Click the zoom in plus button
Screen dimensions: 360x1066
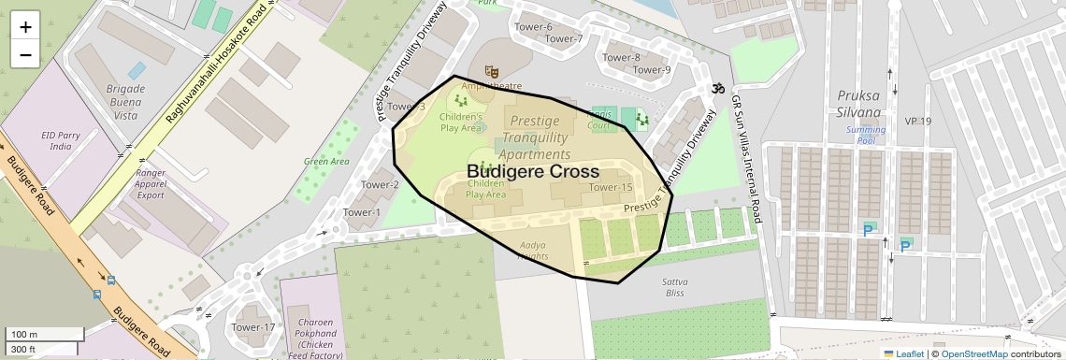click(x=25, y=27)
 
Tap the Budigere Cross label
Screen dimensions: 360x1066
click(x=532, y=172)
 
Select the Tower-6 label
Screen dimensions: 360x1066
click(x=534, y=27)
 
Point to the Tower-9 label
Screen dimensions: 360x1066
click(x=652, y=70)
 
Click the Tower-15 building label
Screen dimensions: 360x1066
click(x=611, y=188)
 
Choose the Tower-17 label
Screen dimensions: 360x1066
click(x=253, y=327)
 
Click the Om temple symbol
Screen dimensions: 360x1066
click(x=717, y=89)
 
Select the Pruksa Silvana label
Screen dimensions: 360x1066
click(x=858, y=103)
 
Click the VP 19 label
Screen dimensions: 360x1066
click(x=918, y=122)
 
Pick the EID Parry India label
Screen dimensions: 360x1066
click(x=61, y=141)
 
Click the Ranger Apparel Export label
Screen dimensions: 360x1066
click(x=150, y=184)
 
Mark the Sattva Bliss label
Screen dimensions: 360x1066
click(x=674, y=287)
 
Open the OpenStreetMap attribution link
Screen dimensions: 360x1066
click(x=973, y=353)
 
